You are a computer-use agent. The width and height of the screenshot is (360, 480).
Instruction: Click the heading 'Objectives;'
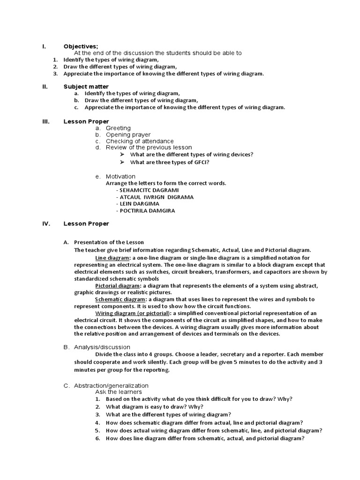click(81, 46)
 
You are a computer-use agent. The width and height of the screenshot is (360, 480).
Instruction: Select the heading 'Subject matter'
click(86, 87)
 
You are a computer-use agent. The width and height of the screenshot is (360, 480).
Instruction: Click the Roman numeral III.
click(45, 121)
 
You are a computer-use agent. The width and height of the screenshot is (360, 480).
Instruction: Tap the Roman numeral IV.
click(46, 224)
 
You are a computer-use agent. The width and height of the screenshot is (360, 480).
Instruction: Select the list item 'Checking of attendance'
click(139, 141)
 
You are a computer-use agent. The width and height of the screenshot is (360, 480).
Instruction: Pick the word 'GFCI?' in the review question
click(200, 162)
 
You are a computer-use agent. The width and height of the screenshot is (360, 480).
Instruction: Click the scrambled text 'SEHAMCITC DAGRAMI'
click(150, 190)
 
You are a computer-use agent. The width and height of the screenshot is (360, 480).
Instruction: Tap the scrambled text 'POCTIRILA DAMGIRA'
click(147, 211)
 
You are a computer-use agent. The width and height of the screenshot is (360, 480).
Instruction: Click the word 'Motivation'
click(120, 177)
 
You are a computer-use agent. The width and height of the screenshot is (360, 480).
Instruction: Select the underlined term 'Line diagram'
click(112, 258)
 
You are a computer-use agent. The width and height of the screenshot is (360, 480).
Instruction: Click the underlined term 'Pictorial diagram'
click(117, 285)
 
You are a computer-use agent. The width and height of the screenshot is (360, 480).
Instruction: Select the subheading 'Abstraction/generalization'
click(111, 385)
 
